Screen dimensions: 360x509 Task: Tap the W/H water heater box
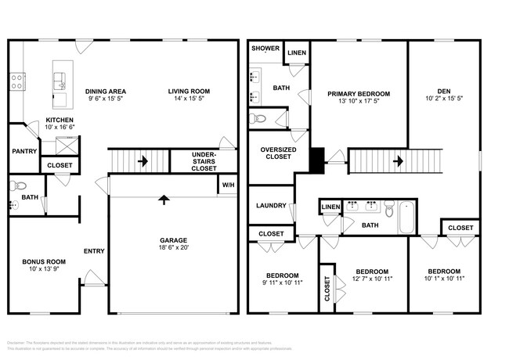coord(227,185)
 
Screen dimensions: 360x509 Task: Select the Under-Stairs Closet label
coord(204,162)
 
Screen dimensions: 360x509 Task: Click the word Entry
coord(94,251)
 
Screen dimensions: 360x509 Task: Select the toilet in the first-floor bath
coord(20,186)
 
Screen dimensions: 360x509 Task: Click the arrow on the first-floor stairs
coord(143,162)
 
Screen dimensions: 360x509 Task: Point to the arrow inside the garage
coord(163,200)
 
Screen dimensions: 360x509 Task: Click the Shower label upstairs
coord(265,49)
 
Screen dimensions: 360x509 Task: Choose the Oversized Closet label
coord(276,153)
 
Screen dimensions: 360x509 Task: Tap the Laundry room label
coord(269,206)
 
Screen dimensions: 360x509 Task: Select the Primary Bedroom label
coord(359,93)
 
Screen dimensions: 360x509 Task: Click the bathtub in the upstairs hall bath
coord(407,217)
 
